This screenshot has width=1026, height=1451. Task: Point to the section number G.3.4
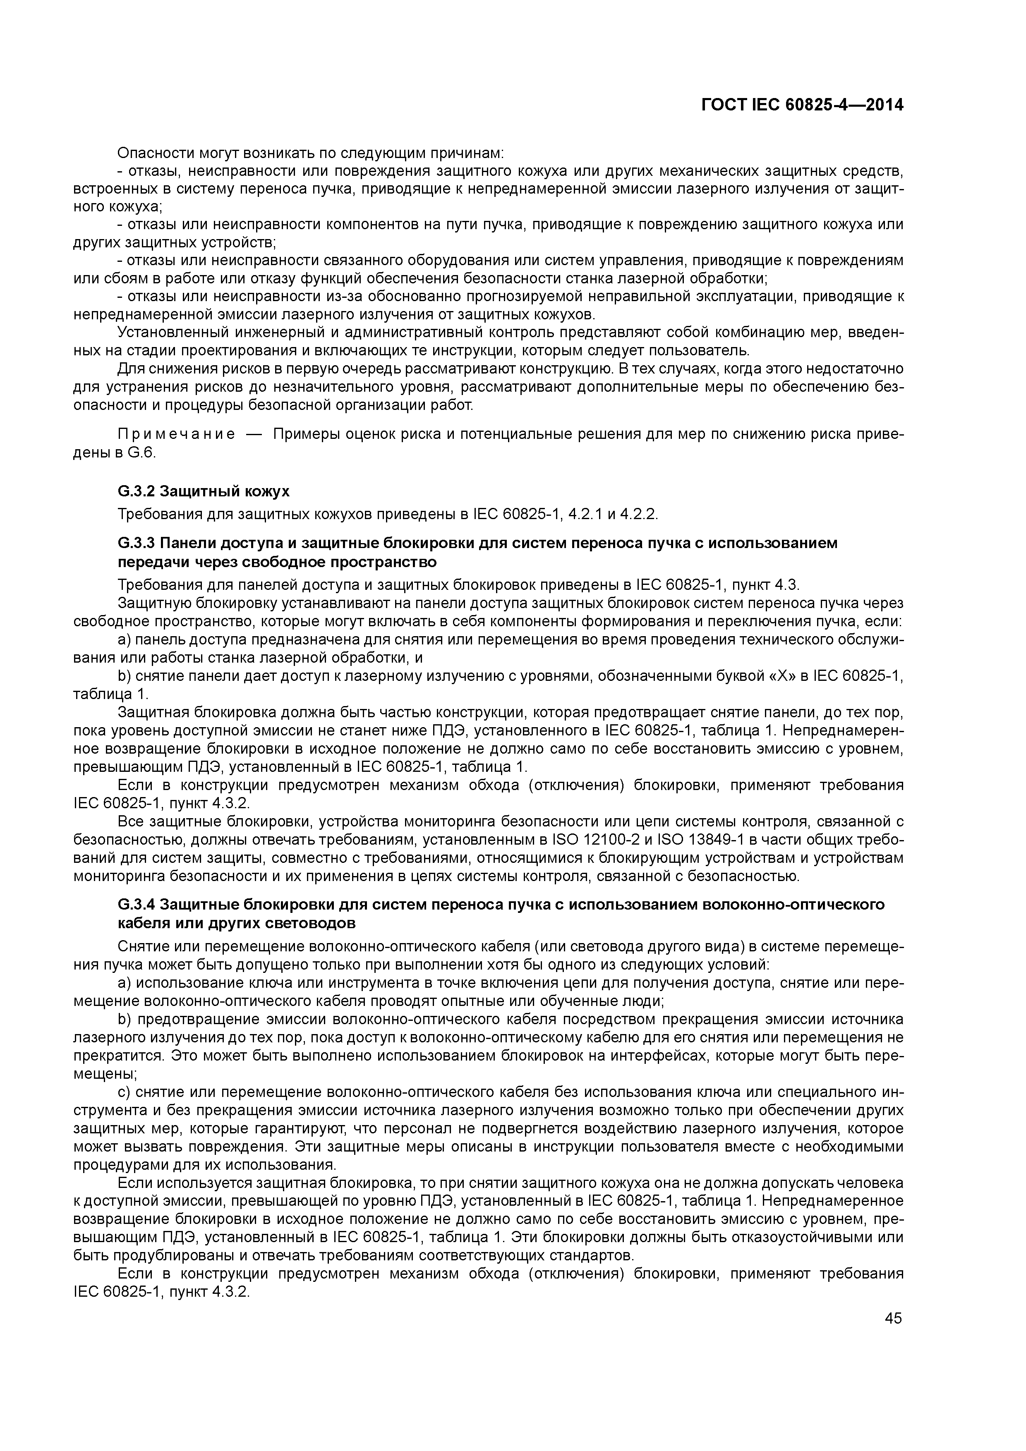point(136,904)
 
